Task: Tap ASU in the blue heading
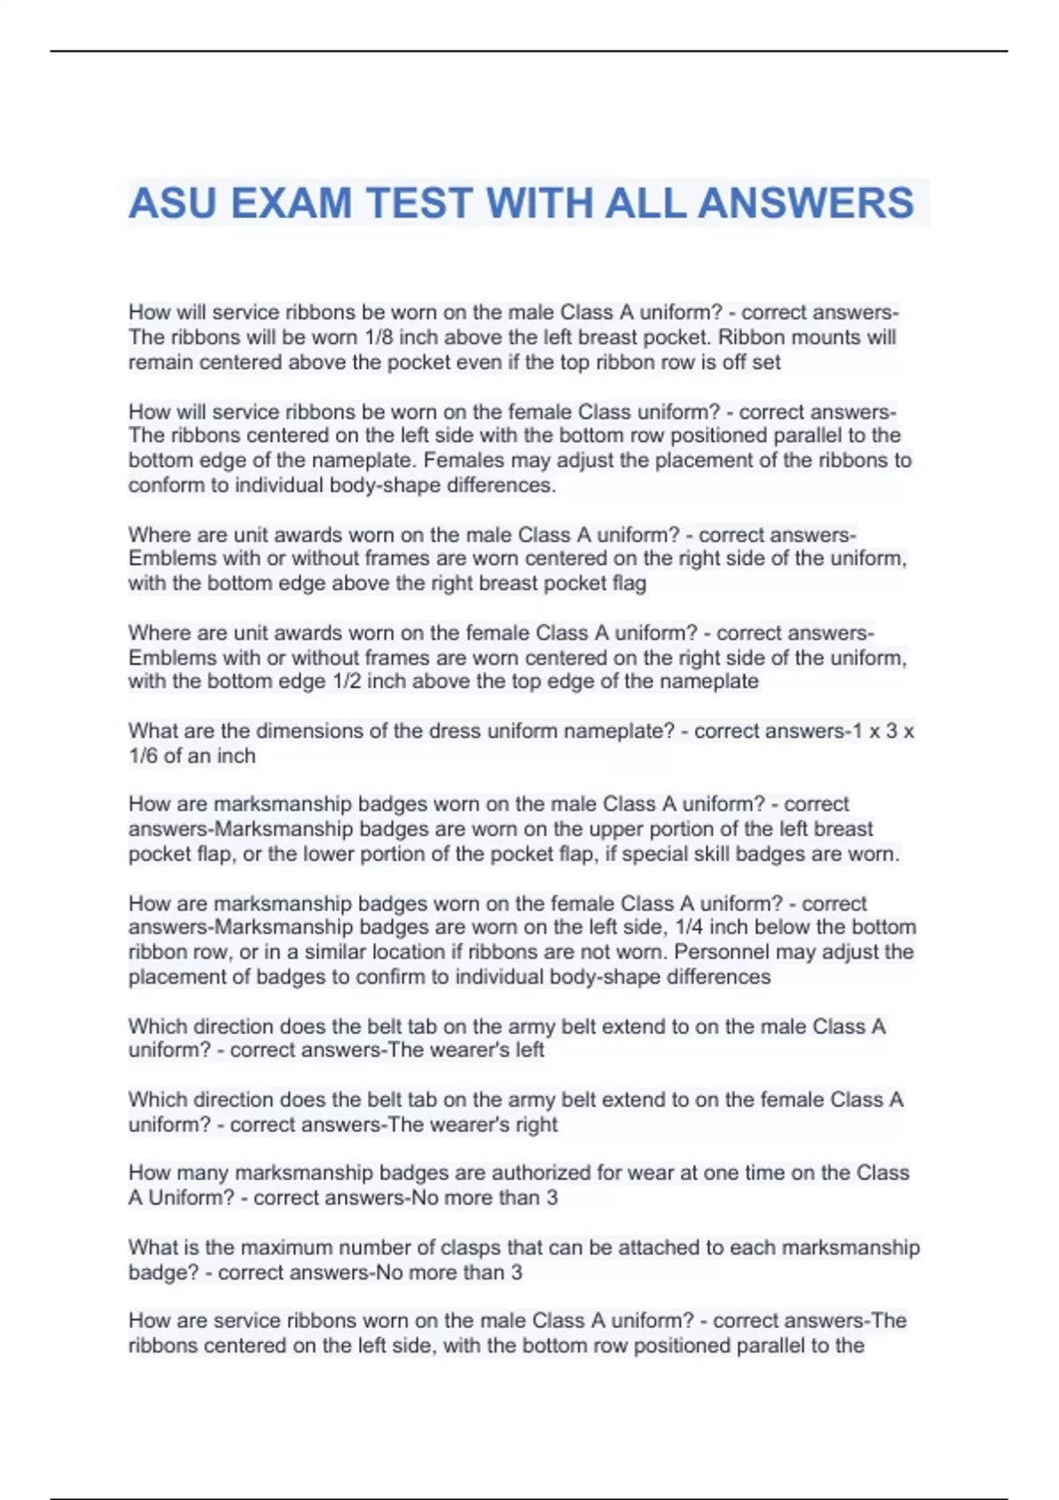pyautogui.click(x=173, y=203)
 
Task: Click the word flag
pyautogui.click(x=629, y=583)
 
